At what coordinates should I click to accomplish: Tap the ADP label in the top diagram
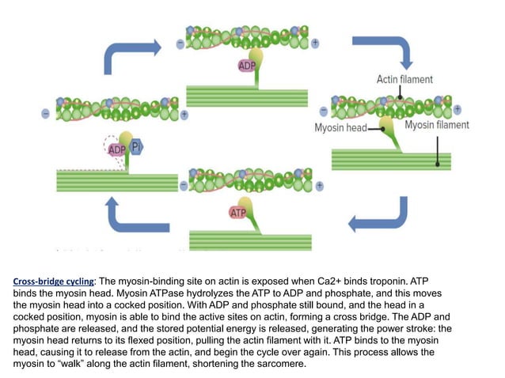pos(247,66)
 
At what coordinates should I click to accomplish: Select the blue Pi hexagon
pos(137,147)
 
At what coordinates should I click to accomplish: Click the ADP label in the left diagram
pos(117,149)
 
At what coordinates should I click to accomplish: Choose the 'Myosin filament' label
pos(436,125)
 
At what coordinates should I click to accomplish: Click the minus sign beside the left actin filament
pos(46,113)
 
